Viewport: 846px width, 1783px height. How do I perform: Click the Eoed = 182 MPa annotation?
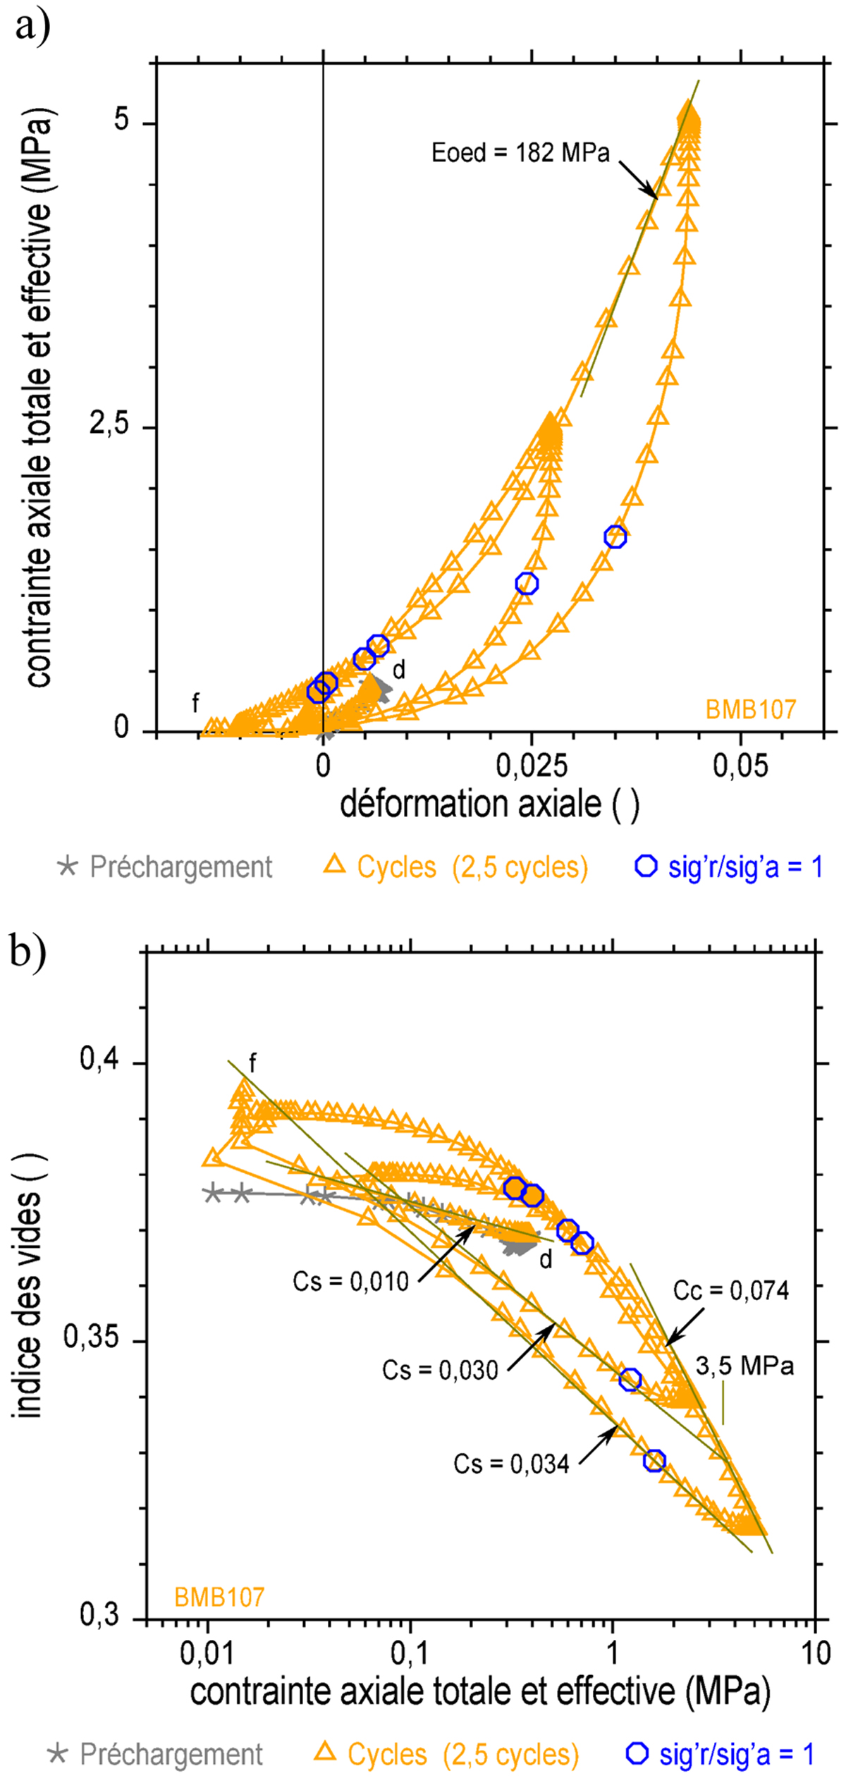tap(520, 153)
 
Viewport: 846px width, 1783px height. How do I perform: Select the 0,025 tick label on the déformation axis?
tap(531, 766)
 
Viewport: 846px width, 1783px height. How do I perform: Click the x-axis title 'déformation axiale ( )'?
tap(489, 804)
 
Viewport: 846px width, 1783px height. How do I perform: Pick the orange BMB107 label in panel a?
tap(751, 709)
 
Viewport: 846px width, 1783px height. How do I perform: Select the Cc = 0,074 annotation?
tap(730, 1291)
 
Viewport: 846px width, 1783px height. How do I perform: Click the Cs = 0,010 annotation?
tap(350, 1281)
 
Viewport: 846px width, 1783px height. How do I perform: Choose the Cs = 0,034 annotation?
tap(511, 1464)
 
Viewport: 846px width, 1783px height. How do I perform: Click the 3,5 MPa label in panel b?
tap(744, 1366)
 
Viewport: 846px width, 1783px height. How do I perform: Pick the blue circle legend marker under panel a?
tap(646, 866)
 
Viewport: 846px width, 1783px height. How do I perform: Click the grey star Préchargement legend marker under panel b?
tap(58, 1754)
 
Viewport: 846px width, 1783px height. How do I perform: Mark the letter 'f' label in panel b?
tap(252, 1062)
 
